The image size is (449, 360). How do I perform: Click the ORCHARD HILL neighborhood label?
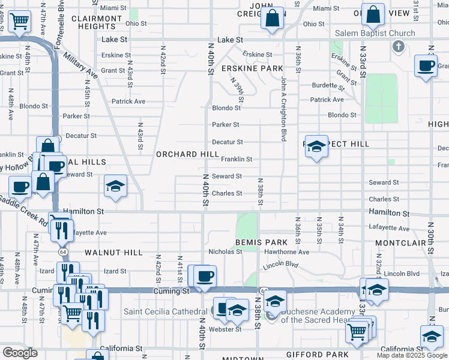coord(188,154)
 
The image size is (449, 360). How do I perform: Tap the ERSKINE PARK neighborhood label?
coord(252,68)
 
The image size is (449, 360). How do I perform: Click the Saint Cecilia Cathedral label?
coord(166,311)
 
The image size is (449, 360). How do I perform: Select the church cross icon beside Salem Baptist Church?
coord(397,46)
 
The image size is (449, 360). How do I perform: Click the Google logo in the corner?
coord(20,353)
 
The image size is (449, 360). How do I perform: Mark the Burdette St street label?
coord(327,85)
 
